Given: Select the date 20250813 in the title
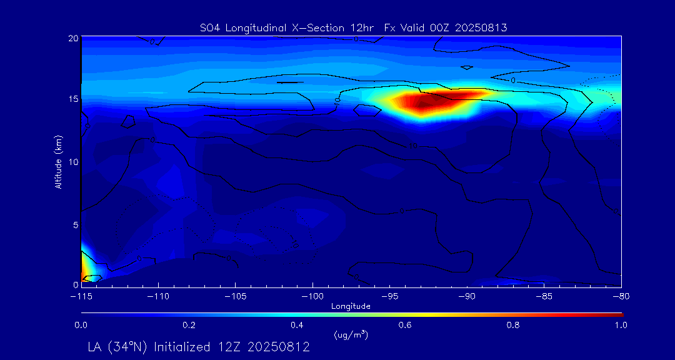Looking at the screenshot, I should coord(482,27).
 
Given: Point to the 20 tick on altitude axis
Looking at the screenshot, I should coord(73,38).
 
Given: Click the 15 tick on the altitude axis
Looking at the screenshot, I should coord(73,99).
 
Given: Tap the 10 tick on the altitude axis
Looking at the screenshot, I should coord(73,162).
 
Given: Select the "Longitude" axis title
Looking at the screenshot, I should coord(351,306).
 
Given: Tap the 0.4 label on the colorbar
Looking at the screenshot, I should coord(297,325).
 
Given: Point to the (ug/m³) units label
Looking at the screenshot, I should coord(351,335).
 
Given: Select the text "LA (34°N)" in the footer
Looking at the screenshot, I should coord(119,346).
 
